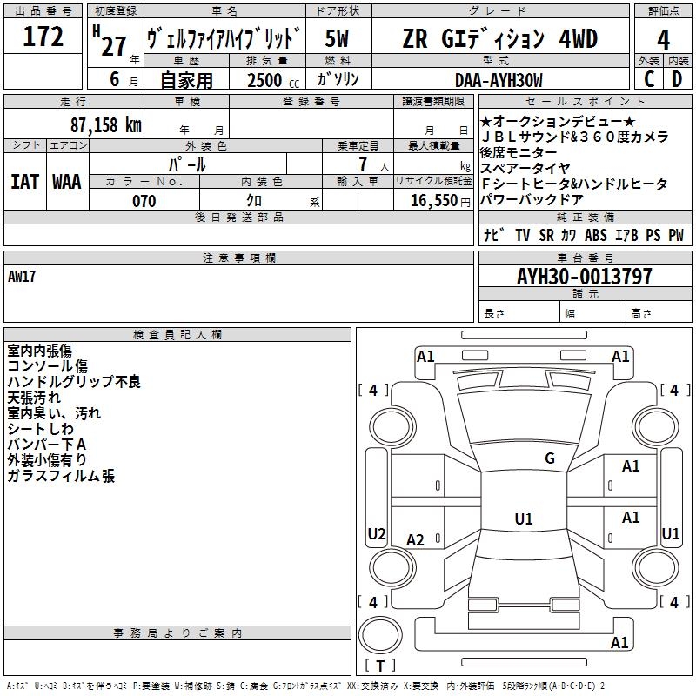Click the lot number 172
43,37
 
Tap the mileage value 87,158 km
105,125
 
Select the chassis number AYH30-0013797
585,277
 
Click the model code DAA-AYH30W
499,80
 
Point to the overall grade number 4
663,39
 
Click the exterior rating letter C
649,79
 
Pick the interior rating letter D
677,79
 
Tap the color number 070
144,201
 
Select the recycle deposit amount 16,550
433,201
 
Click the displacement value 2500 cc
273,80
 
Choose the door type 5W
337,38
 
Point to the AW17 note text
21,277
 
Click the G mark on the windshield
550,458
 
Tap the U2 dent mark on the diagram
377,533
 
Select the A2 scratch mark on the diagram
415,539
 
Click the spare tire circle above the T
380,635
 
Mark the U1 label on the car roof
524,519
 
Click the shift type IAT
24,182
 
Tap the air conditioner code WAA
67,182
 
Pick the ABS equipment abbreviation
596,235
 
